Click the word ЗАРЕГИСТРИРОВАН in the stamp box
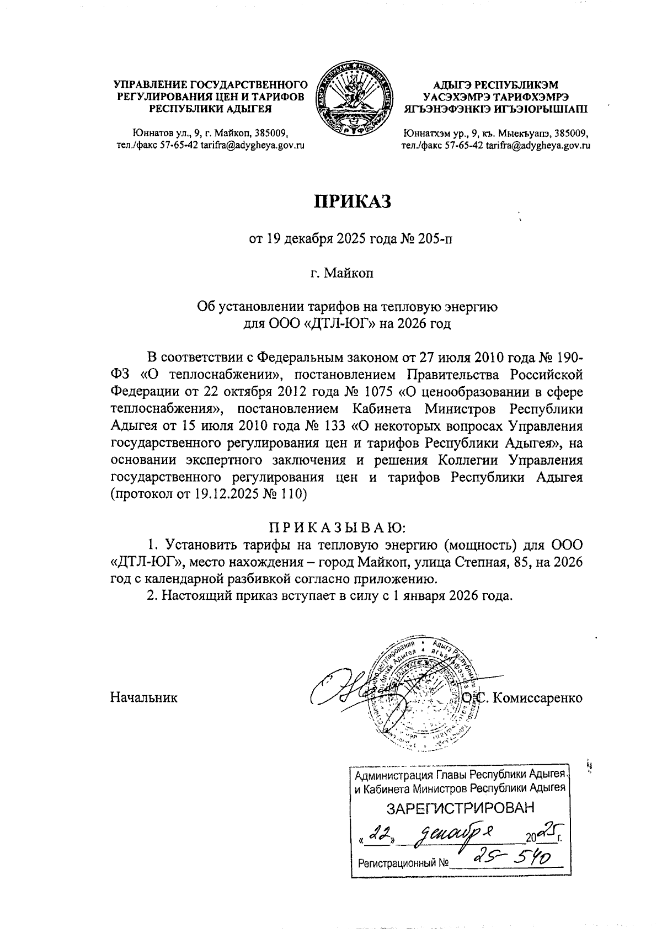pyautogui.click(x=460, y=808)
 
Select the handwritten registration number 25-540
pyautogui.click(x=505, y=857)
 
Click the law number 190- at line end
pyautogui.click(x=568, y=357)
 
